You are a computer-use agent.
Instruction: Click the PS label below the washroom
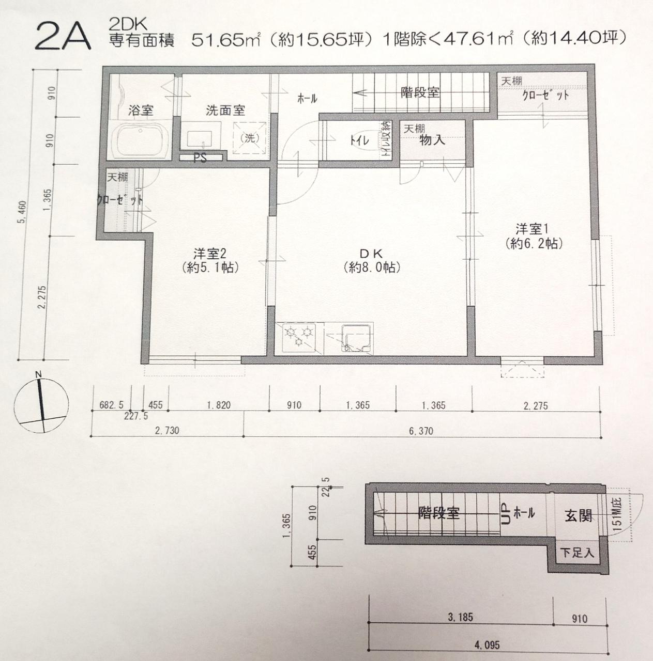click(x=200, y=159)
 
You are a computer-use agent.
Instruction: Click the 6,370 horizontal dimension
click(x=420, y=430)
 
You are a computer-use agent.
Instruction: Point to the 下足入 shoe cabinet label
click(x=577, y=553)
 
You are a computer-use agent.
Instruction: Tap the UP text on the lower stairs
click(x=505, y=514)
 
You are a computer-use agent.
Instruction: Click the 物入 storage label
click(x=432, y=140)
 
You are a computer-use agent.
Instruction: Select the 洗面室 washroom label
click(x=225, y=109)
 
